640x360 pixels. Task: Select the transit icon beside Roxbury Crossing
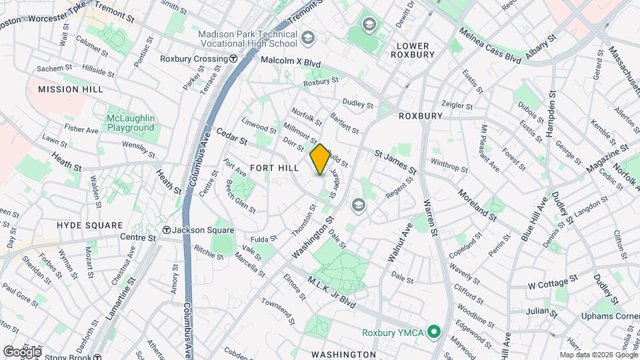[x=233, y=59]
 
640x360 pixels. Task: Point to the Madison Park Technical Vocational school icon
[x=307, y=36]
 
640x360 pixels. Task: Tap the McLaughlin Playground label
[x=131, y=123]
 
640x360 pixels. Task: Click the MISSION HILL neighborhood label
[x=69, y=89]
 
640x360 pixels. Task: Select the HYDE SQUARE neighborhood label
[x=89, y=225]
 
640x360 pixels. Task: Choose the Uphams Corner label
[x=609, y=316]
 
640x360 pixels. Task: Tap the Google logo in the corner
[x=22, y=351]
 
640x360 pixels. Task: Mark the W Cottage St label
[x=551, y=285]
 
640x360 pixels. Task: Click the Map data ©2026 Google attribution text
[x=597, y=355]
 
